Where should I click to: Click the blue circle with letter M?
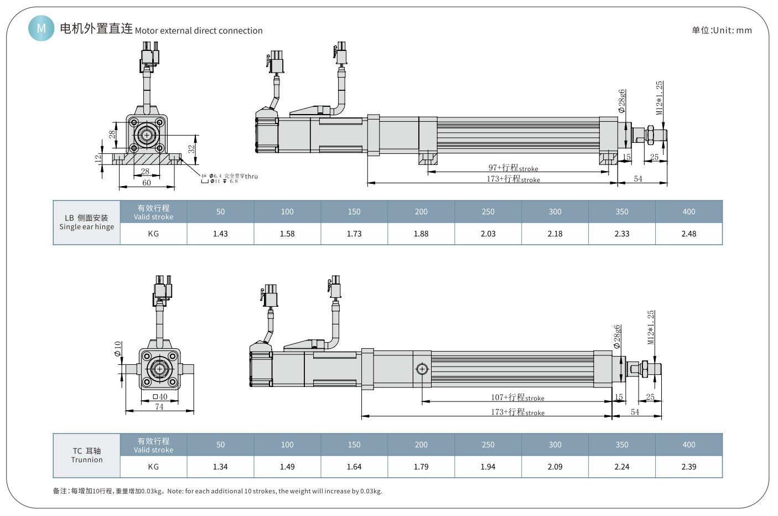click(41, 28)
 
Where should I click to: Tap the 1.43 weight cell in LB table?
click(220, 234)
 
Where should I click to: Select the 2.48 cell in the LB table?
click(688, 234)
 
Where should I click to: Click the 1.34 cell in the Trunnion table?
click(220, 467)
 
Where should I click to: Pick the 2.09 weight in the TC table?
click(555, 467)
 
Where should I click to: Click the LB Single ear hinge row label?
click(87, 223)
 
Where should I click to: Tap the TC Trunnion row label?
click(87, 455)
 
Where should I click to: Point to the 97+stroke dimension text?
click(513, 168)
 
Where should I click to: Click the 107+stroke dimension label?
click(517, 398)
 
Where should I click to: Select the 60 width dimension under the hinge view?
click(147, 183)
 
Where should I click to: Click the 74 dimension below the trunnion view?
click(159, 407)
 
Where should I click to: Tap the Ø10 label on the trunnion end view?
click(117, 348)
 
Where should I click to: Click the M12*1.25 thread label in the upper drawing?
click(659, 97)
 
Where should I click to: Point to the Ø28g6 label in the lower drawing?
click(617, 336)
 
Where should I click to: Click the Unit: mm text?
click(722, 30)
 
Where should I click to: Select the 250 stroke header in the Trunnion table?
click(488, 445)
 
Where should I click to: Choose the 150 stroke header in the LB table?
click(354, 211)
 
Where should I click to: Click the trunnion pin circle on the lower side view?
click(422, 369)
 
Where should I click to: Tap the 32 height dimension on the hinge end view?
click(191, 149)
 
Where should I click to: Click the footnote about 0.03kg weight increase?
click(217, 491)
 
